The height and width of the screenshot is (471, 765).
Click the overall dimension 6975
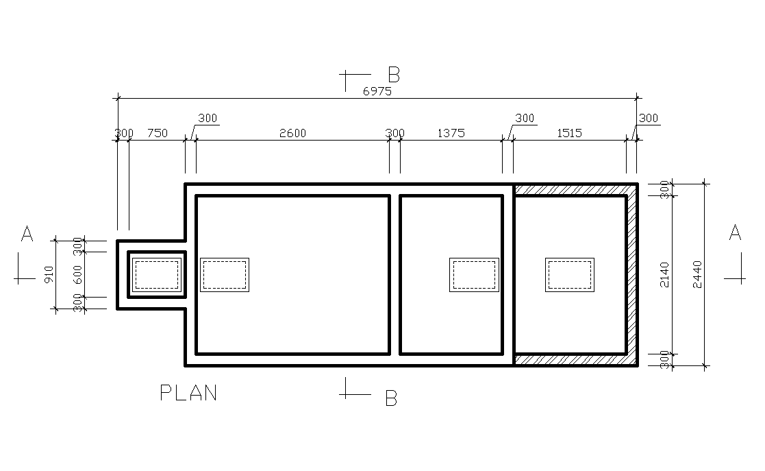coord(377,91)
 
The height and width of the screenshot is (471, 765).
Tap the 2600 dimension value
coord(292,133)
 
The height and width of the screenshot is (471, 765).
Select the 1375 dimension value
coord(451,133)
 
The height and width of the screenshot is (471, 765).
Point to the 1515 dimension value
coord(569,133)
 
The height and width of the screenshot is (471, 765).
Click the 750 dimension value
coord(157,133)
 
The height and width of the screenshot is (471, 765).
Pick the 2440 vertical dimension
coord(697,275)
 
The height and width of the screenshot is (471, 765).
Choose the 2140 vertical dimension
coord(664,275)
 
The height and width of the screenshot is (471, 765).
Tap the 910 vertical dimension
coord(49,275)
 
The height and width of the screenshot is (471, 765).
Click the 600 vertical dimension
coord(77,275)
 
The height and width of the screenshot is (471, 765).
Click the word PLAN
coord(188,394)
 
